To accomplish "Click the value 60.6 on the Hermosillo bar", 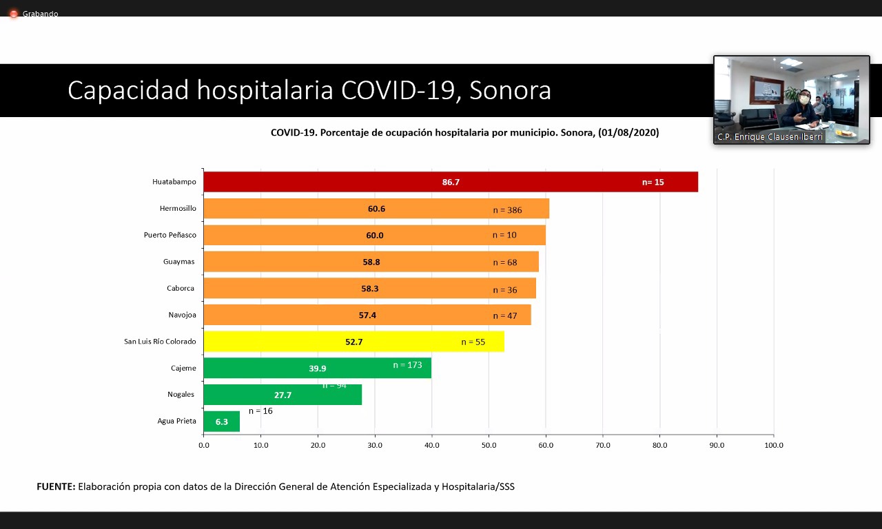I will [376, 209].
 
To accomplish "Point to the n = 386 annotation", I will [507, 209].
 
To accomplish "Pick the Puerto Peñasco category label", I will [170, 235].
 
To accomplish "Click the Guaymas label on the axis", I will [179, 262].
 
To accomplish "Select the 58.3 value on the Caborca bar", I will [370, 289].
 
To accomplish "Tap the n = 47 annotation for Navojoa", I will [505, 315].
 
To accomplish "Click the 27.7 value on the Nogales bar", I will [283, 395].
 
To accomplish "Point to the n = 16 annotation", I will [260, 411].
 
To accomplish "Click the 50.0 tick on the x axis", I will [489, 445].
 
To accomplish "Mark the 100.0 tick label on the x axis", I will [774, 445].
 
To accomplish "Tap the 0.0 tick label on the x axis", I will [204, 445].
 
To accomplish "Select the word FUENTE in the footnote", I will [55, 487].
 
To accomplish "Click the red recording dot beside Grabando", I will [13, 14].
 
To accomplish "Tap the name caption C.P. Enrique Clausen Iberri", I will [770, 137].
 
